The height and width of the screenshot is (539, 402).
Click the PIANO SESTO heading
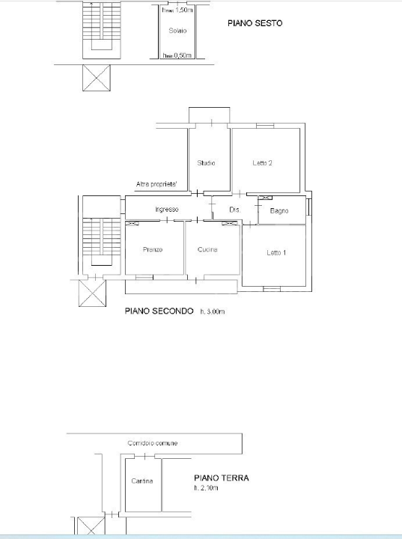click(255, 24)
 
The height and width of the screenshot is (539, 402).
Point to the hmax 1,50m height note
click(177, 10)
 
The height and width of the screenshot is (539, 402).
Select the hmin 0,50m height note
click(177, 55)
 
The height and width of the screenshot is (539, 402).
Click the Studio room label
click(207, 163)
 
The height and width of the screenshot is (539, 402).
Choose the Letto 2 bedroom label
click(262, 163)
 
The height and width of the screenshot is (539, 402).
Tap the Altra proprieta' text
click(156, 184)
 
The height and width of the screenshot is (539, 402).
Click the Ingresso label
click(166, 210)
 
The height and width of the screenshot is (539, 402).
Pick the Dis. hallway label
click(234, 210)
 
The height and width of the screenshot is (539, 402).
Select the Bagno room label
click(279, 211)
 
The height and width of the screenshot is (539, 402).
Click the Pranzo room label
click(153, 249)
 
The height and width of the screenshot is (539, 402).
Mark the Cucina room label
click(207, 249)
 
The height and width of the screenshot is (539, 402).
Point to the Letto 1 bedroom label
click(276, 253)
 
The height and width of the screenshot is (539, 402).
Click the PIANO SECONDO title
click(159, 311)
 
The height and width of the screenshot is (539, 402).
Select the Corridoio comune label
click(153, 444)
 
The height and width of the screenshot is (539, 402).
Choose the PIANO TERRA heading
click(221, 478)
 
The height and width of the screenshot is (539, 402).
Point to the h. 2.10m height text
click(206, 488)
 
